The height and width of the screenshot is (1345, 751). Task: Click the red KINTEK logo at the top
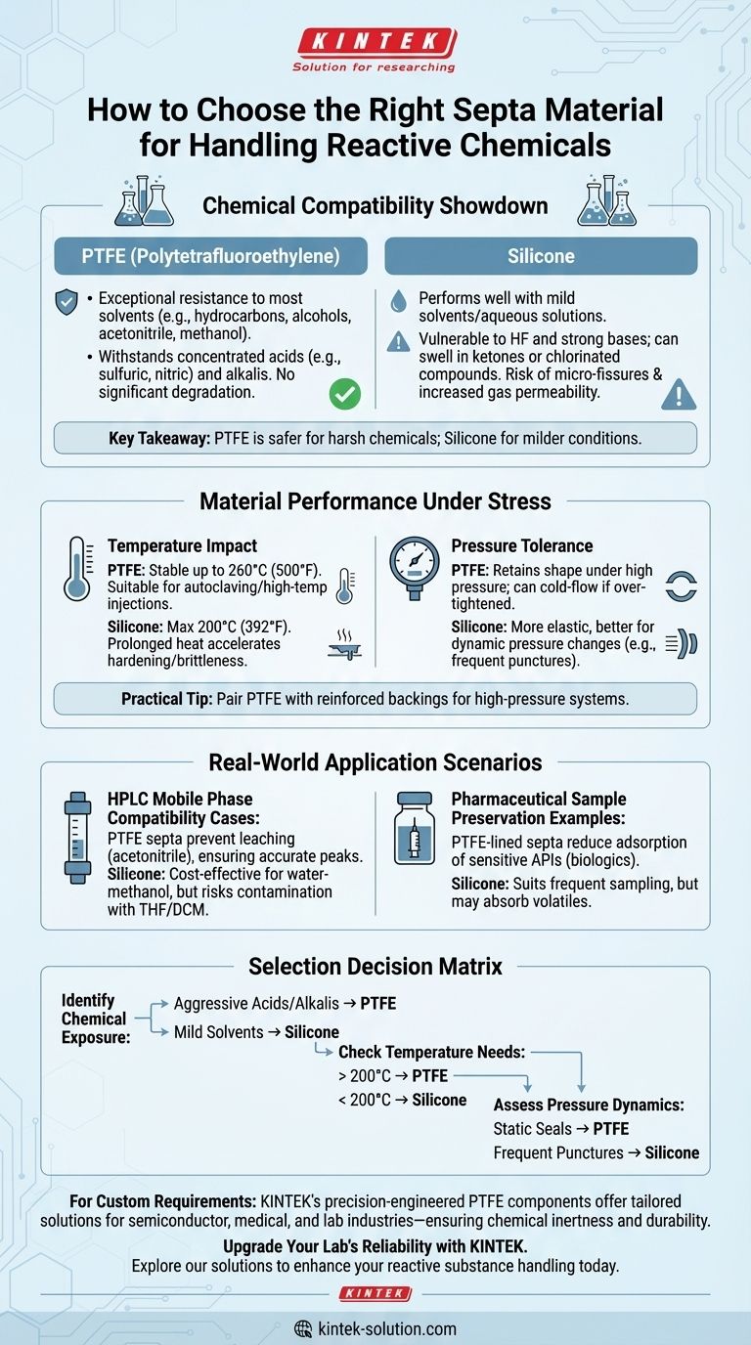click(375, 43)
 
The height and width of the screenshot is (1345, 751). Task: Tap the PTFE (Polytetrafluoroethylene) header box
click(210, 255)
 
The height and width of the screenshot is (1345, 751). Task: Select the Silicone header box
click(541, 255)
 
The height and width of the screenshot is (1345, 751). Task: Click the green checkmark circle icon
click(345, 394)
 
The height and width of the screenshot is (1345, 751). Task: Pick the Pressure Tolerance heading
click(521, 545)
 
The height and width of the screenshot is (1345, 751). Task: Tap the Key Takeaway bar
click(375, 438)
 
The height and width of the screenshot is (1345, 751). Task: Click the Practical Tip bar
click(375, 699)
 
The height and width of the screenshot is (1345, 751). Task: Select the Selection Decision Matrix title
click(375, 967)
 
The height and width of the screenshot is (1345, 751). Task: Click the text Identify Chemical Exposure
click(94, 1019)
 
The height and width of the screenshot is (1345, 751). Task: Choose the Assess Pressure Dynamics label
click(589, 1105)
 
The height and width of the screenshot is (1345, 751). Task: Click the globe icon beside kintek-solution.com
click(303, 1328)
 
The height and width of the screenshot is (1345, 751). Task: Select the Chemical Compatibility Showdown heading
click(375, 206)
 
